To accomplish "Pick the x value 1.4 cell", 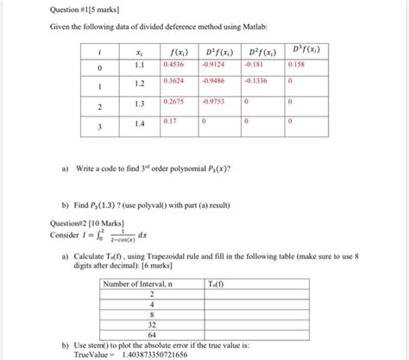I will tap(140, 124).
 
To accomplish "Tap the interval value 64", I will tap(152, 333).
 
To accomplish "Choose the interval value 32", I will tap(152, 324).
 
